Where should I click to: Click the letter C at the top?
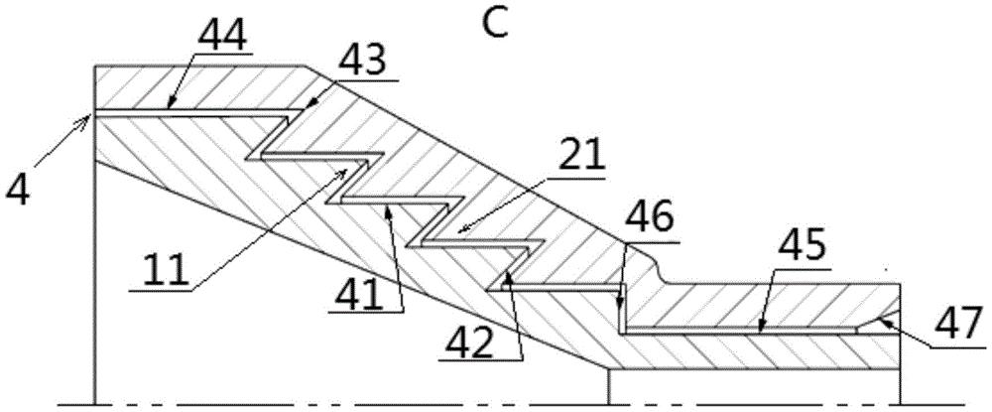coord(496,24)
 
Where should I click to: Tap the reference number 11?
coord(162,272)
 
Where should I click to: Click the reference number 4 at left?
coord(19,190)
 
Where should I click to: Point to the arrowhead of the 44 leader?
coord(171,106)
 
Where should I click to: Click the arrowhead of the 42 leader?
coord(508,273)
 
